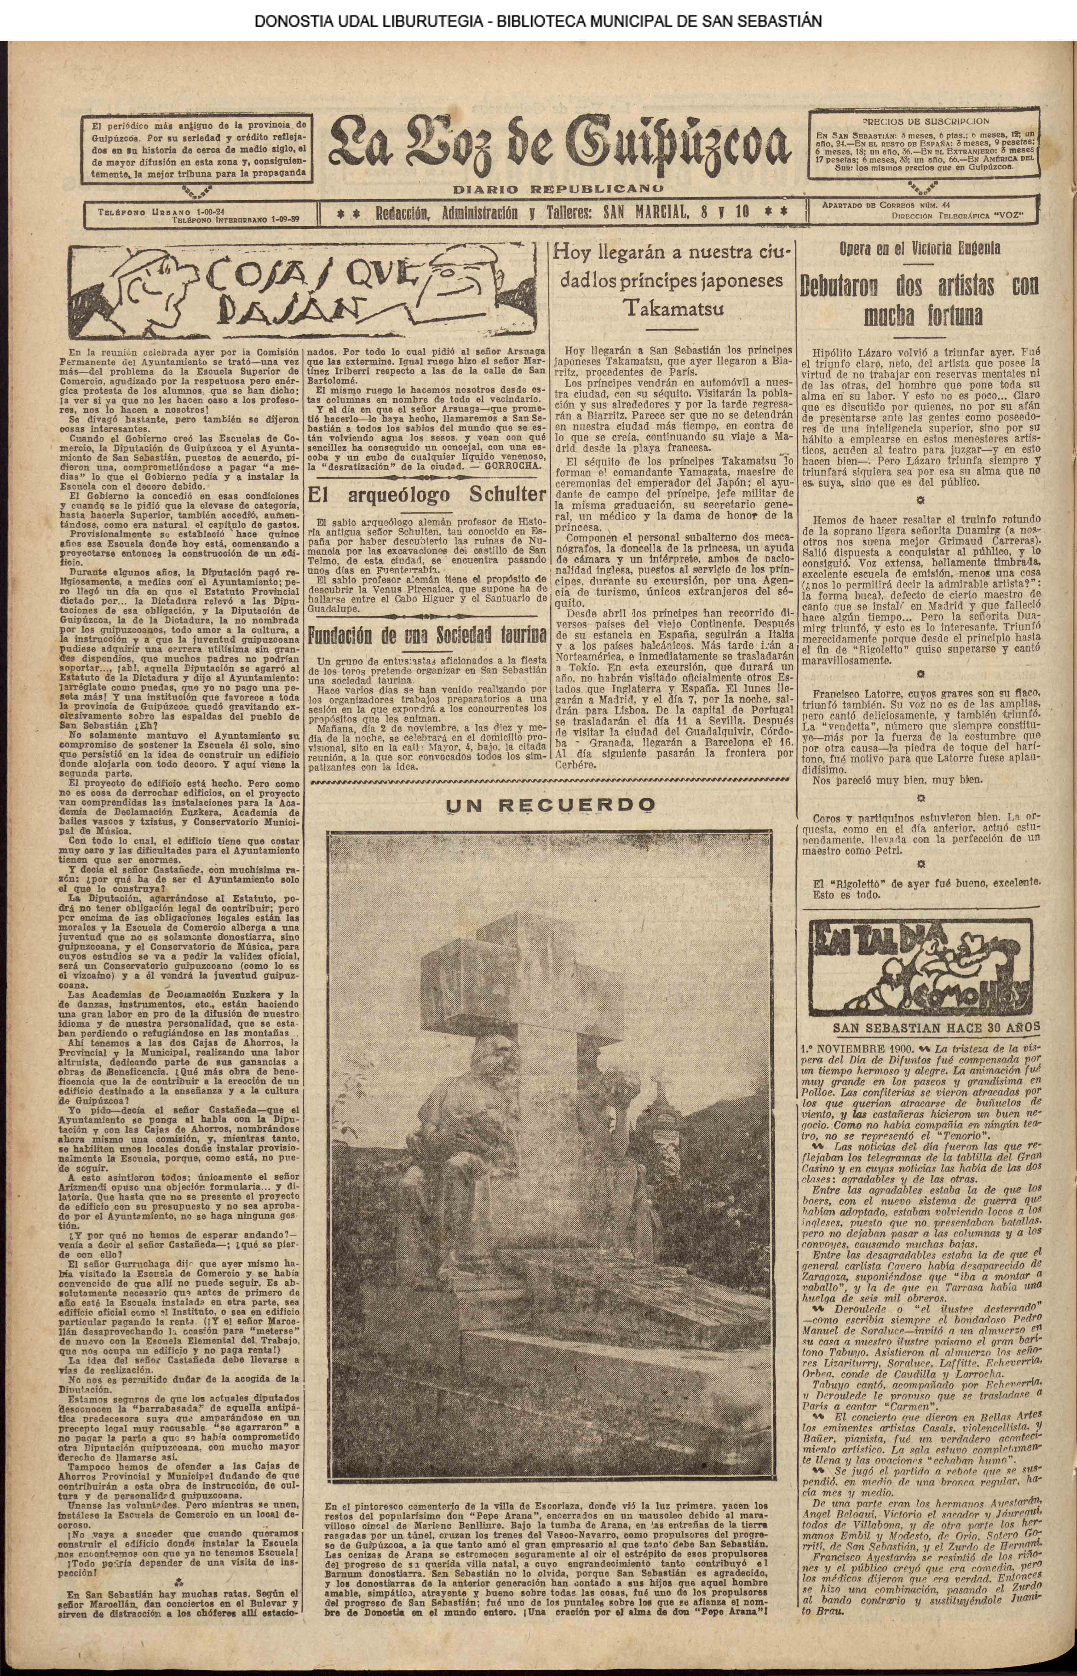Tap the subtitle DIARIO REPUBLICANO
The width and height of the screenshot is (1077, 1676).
pyautogui.click(x=558, y=189)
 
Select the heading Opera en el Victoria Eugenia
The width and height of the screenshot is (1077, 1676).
pyautogui.click(x=920, y=248)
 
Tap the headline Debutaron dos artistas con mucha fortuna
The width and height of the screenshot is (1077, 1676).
pyautogui.click(x=920, y=301)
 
